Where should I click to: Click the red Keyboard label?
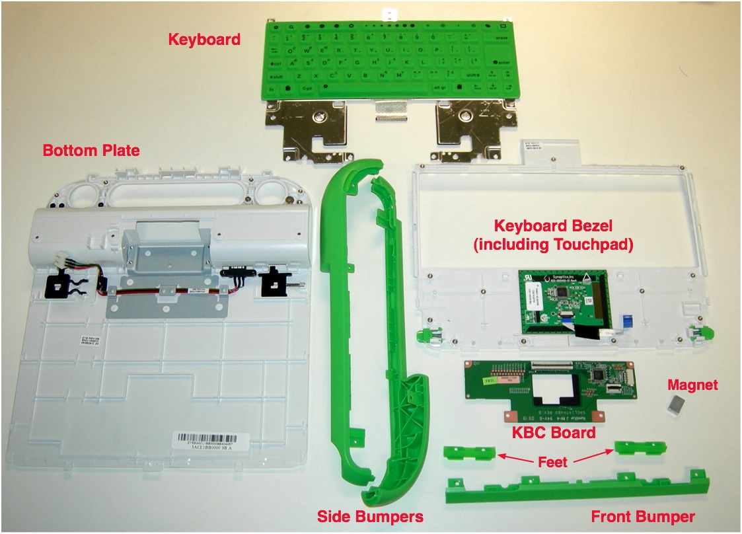[x=204, y=39]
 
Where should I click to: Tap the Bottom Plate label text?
[x=91, y=151]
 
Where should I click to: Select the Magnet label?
[x=692, y=385]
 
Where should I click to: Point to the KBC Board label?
[x=554, y=434]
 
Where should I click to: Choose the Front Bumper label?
[x=643, y=517]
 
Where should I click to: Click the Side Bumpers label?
[x=370, y=515]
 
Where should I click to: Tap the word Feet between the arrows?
[x=552, y=463]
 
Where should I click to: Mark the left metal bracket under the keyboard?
[x=313, y=130]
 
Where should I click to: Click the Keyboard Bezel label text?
[x=554, y=235]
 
